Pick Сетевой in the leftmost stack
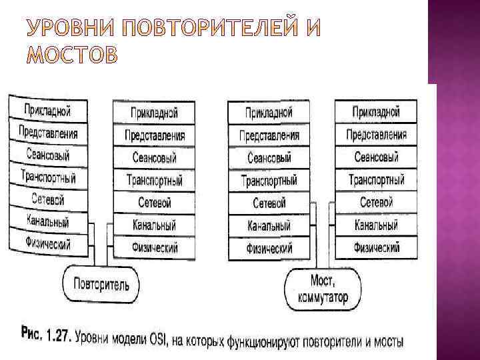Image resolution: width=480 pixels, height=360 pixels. [48, 199]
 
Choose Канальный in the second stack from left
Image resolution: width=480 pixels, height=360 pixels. [154, 225]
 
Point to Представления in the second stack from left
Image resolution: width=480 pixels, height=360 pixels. [154, 135]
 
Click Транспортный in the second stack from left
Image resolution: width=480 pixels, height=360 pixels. [154, 180]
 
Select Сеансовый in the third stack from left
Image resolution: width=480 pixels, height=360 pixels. [269, 158]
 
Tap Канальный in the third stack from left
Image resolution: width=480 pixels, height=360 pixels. [269, 226]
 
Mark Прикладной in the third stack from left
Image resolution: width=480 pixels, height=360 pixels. [269, 113]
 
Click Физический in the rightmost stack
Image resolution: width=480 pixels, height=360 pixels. [376, 248]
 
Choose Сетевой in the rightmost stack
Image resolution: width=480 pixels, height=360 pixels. [376, 202]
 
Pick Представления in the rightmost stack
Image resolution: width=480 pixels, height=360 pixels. [376, 135]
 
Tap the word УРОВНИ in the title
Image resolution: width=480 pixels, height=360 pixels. [64, 29]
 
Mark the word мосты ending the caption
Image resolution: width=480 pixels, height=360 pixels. [386, 343]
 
